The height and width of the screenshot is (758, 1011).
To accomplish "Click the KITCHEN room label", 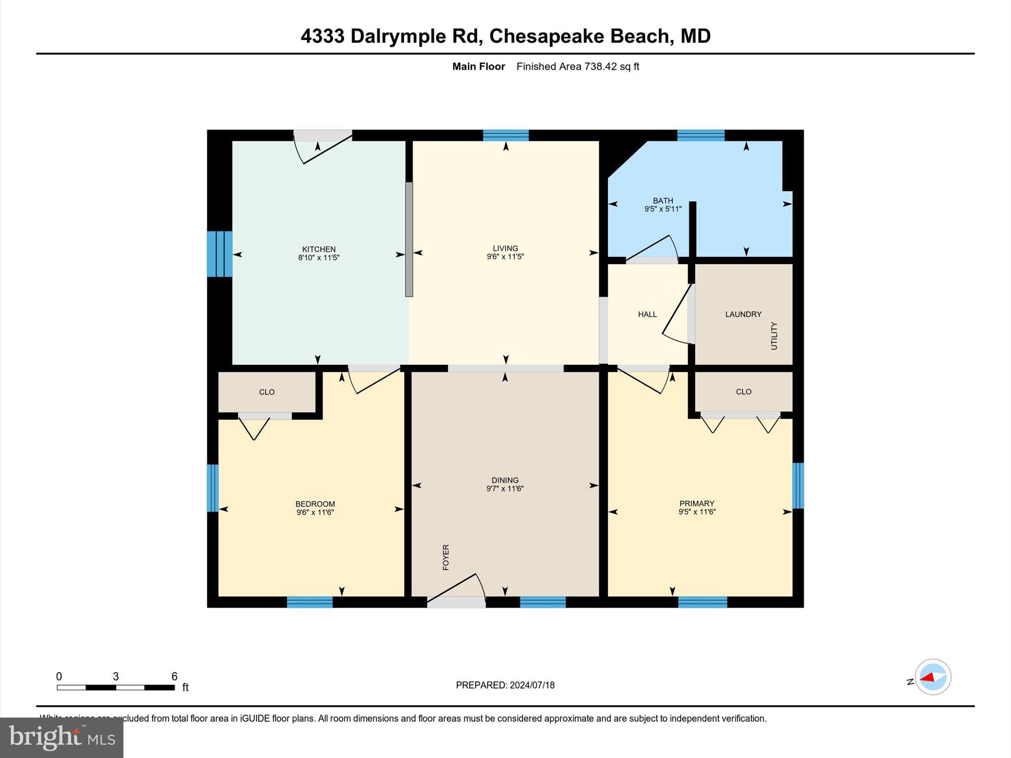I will (x=318, y=249).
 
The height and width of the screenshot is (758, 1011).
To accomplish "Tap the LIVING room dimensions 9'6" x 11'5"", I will (x=505, y=257).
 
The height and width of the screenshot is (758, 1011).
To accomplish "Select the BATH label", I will (x=662, y=200).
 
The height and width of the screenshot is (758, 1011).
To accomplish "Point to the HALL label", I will (x=647, y=314).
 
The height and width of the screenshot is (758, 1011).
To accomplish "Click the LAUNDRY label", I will (x=743, y=314).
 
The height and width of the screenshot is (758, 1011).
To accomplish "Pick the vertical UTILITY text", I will (x=774, y=336).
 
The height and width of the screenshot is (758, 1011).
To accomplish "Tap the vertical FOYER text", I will (x=446, y=557).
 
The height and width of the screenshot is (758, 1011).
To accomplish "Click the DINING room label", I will (x=505, y=480).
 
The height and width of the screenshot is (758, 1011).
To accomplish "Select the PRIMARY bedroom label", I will (x=697, y=503).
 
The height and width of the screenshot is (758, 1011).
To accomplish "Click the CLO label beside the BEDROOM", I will (x=267, y=392).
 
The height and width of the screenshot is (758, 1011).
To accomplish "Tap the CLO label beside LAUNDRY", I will (x=743, y=392).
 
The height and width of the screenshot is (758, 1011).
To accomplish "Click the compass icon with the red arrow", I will (x=933, y=677).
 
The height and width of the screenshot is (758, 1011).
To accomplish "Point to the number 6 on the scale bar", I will (x=174, y=677).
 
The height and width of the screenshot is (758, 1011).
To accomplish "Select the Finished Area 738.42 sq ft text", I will (x=578, y=67).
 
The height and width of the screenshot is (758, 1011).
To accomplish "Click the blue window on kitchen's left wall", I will (x=219, y=254).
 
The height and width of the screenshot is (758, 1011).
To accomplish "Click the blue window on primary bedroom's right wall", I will (x=798, y=485).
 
